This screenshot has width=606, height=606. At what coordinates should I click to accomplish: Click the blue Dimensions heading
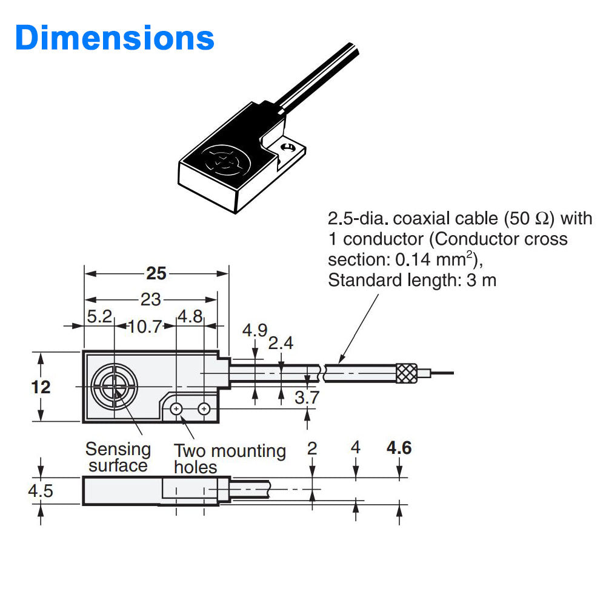(x=115, y=37)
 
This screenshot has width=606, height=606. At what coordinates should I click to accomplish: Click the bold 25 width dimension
(x=156, y=274)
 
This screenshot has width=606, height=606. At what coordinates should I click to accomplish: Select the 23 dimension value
(x=151, y=299)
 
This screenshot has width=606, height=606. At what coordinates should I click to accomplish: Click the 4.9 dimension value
(x=255, y=330)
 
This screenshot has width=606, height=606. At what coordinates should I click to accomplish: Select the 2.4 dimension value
(x=281, y=343)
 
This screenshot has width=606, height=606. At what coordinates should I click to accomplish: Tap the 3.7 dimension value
(x=307, y=397)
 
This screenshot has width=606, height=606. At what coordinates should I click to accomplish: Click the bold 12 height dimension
(x=41, y=387)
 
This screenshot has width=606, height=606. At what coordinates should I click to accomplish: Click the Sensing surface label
(x=118, y=457)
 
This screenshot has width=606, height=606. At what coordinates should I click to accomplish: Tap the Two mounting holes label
(x=229, y=458)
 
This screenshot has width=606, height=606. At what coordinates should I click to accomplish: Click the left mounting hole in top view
(x=176, y=409)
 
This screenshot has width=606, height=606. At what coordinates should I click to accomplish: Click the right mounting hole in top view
(x=204, y=409)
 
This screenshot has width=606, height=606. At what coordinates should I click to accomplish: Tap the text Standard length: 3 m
(x=411, y=281)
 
